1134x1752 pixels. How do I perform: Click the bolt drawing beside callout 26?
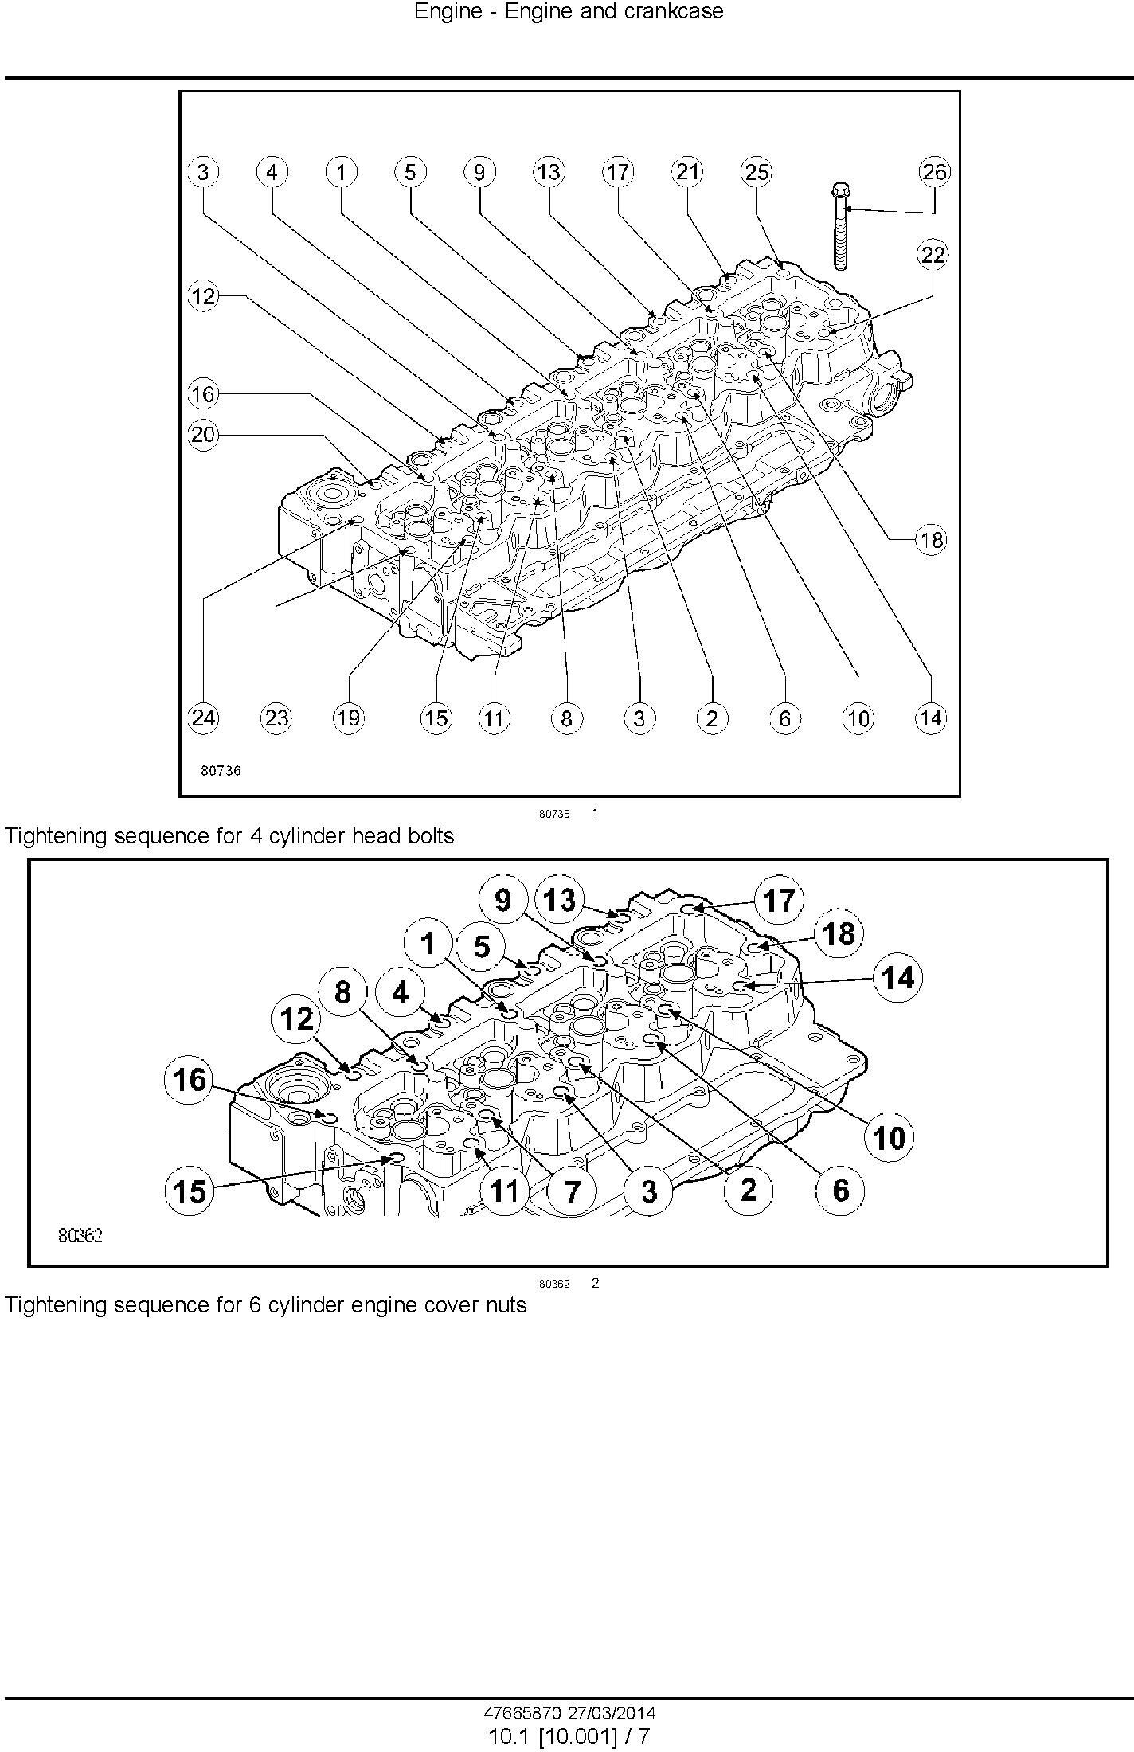point(839,226)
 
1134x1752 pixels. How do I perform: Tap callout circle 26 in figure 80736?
point(934,171)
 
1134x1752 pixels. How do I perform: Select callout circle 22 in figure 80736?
point(933,255)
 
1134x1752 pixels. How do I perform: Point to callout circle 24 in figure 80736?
point(203,718)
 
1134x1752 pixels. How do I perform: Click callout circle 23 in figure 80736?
point(276,718)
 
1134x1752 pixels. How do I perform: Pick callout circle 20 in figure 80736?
point(203,435)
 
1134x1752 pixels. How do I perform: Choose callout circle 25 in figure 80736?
point(757,171)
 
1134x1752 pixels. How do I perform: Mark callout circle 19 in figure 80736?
point(348,718)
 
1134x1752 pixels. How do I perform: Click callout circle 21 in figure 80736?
point(687,171)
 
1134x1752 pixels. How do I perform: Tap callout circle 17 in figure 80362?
point(779,901)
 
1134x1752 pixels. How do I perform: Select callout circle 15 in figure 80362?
point(190,1191)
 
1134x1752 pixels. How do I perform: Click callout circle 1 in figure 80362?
point(428,944)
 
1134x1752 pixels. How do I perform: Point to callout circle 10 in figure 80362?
point(889,1138)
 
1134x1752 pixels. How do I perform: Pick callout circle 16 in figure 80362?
point(190,1081)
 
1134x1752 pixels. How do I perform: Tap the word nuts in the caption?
point(506,1305)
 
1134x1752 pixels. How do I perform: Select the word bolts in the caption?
point(430,836)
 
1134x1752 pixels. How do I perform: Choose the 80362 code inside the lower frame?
point(80,1236)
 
